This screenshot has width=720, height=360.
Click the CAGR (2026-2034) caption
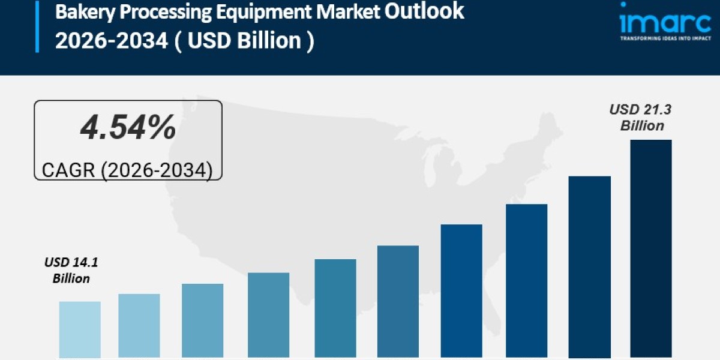[127, 170]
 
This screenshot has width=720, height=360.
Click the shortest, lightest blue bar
[80, 329]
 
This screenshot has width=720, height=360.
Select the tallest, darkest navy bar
[650, 248]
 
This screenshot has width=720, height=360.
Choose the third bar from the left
[203, 320]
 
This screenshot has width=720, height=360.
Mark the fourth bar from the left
[268, 315]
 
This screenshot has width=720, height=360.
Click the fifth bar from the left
[335, 308]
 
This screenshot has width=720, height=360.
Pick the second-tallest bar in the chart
[589, 267]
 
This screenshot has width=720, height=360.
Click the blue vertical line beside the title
[37, 27]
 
